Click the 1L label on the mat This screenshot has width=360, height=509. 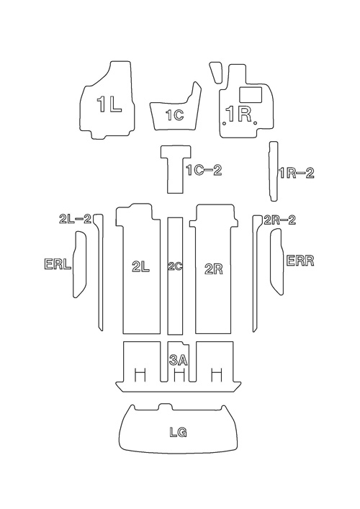tap(109, 104)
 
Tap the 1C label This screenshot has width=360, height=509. tap(175, 115)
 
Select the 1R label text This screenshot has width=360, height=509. tap(239, 114)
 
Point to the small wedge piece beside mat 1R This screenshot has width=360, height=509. tap(216, 73)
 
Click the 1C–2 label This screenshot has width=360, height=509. tap(204, 170)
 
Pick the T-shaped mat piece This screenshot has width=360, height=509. tap(176, 169)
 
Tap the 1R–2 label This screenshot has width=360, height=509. tap(297, 173)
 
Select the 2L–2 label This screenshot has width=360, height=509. tap(75, 219)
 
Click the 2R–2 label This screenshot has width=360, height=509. tap(280, 220)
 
